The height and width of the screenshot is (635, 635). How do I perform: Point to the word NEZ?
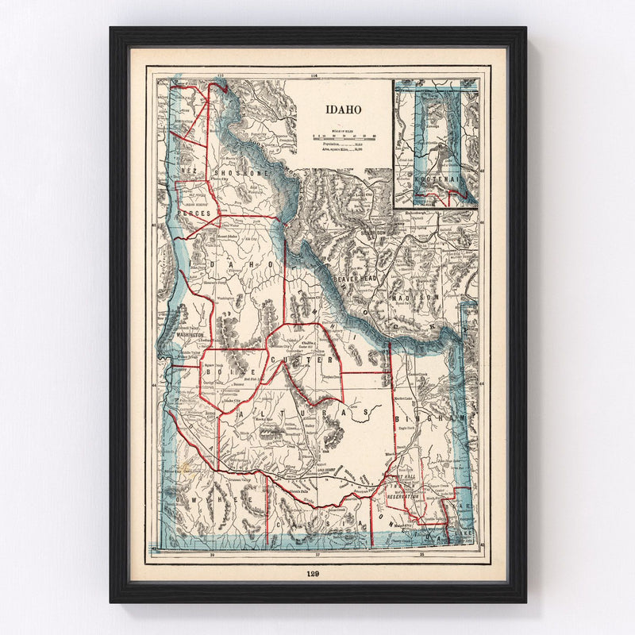[189, 171]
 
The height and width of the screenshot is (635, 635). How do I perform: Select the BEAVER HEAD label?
[358, 280]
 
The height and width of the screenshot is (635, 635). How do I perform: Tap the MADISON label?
[424, 296]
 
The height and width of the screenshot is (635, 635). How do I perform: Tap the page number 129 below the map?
[317, 573]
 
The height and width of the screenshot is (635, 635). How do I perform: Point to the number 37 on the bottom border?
[317, 555]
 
